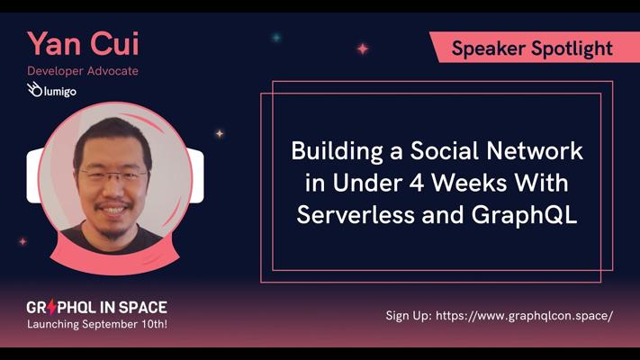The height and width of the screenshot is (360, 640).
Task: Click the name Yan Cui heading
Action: pos(84,44)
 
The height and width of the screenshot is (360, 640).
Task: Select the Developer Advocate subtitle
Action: pos(83,71)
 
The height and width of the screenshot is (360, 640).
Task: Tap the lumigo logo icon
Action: pos(34,89)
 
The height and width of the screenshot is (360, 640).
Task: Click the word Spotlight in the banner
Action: pos(572,49)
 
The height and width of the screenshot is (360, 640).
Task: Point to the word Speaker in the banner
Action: pos(488,49)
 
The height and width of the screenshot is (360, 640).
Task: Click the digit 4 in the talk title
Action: pos(417,184)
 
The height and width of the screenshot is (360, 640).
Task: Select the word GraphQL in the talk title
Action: pos(524,215)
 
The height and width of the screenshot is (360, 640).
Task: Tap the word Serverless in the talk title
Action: pos(356,215)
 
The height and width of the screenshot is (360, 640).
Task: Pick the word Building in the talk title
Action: pos(338,152)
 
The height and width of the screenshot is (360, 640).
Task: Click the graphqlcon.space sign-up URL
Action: pos(524,316)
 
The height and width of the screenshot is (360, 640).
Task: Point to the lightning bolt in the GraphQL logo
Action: pos(52,307)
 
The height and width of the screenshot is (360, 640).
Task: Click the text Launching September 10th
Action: pos(97,325)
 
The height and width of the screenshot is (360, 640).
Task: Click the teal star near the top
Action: pos(276,38)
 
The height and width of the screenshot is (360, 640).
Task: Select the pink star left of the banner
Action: pos(363,49)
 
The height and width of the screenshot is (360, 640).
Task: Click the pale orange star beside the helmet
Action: pos(220,133)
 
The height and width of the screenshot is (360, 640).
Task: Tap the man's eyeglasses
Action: pos(113,175)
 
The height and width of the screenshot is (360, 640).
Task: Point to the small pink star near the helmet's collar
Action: pos(23,241)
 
